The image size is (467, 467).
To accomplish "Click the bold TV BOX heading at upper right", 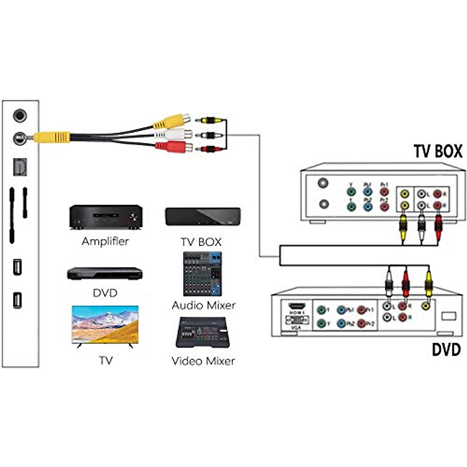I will tap(438, 151).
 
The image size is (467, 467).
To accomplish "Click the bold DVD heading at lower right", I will tap(446, 349).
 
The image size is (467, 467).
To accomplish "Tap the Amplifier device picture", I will tap(105, 217).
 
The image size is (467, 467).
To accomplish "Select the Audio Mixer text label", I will tap(204, 305).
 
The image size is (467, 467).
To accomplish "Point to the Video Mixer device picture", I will tap(203, 333).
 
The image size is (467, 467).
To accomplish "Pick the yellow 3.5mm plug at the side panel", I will tap(51, 137).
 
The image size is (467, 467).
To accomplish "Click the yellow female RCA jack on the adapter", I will tap(172, 121).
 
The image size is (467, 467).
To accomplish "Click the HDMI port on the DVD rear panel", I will tap(297, 306).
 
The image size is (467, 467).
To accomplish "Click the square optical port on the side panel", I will tap(20, 166).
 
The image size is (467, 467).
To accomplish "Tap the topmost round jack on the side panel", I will tap(20, 116).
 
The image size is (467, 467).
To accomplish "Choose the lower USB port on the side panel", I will tap(18, 300).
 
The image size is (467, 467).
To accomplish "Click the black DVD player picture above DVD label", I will tap(105, 274).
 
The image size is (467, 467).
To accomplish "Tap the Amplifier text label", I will tap(105, 241).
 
